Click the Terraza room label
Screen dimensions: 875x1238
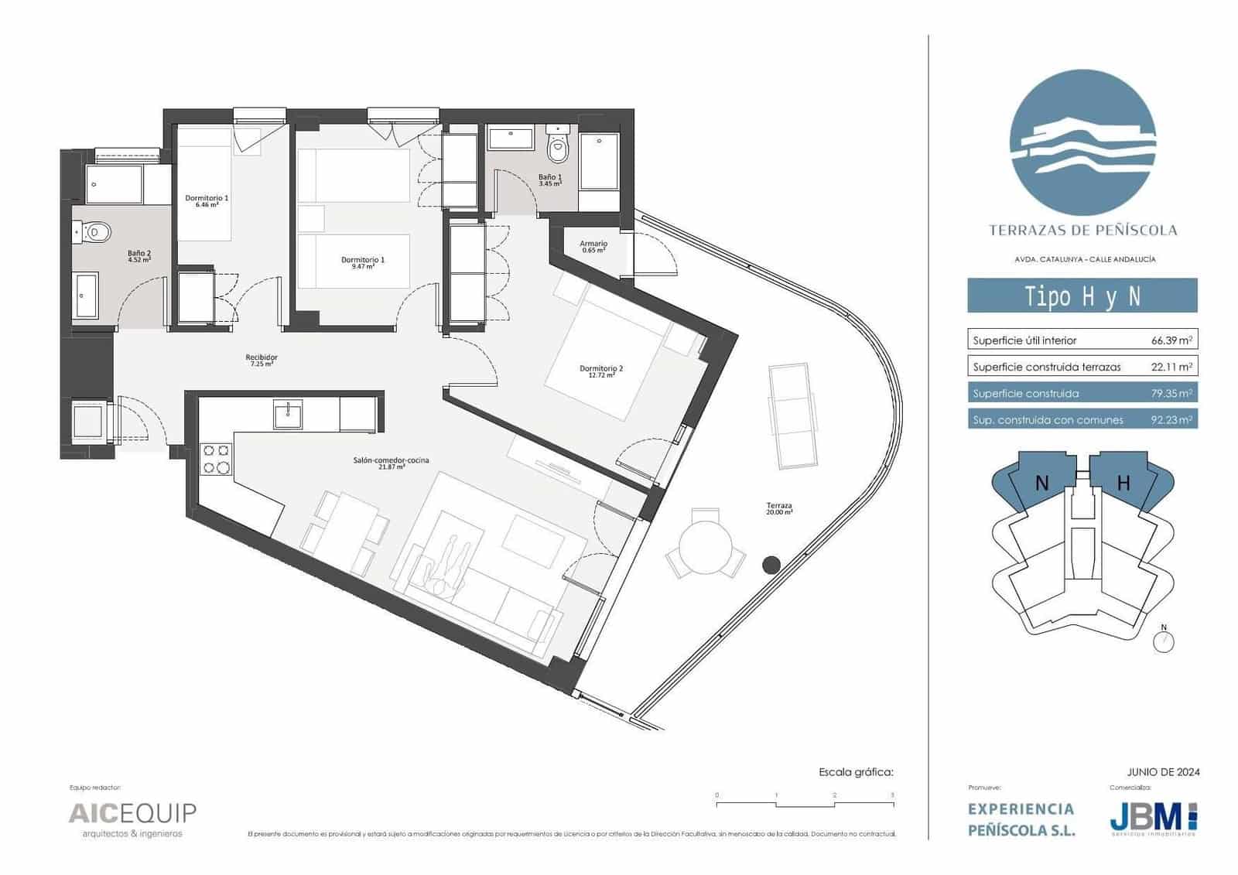click(x=779, y=509)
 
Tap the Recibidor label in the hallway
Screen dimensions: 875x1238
click(x=262, y=360)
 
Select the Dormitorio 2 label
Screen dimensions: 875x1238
click(x=601, y=371)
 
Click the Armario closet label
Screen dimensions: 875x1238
click(x=593, y=247)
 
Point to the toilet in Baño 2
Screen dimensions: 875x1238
click(x=96, y=231)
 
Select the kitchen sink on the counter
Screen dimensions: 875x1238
click(x=288, y=415)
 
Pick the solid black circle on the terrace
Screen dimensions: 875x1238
click(x=771, y=565)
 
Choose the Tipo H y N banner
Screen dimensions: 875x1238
click(x=1082, y=296)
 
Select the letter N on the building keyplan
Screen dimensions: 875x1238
click(x=1042, y=484)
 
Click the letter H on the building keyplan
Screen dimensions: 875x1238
click(x=1123, y=484)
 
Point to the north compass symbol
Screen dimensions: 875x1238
click(x=1163, y=641)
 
